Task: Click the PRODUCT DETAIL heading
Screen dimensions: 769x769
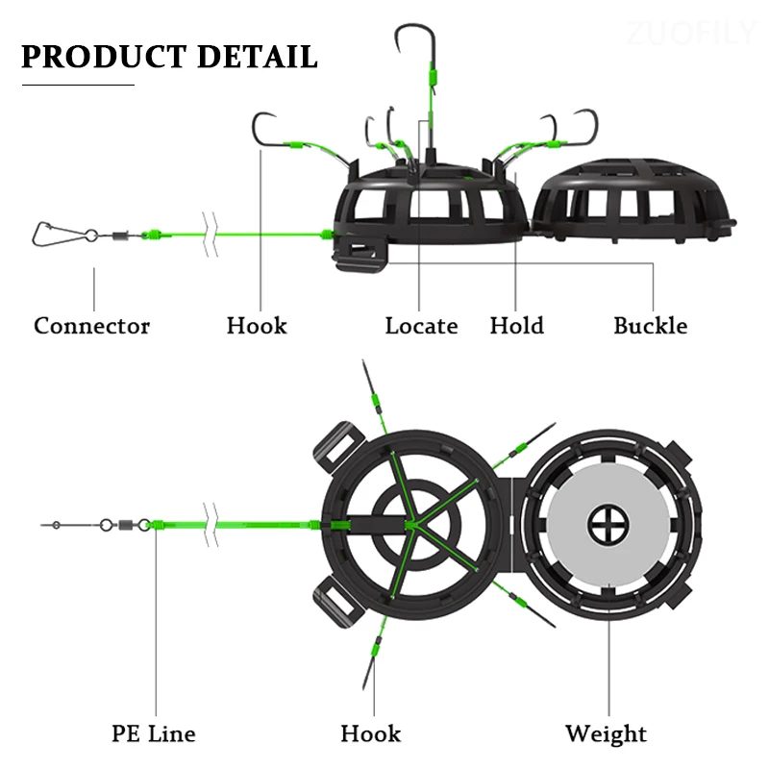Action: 169,56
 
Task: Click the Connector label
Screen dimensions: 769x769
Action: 92,326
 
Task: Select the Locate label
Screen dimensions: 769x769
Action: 421,326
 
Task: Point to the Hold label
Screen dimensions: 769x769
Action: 516,326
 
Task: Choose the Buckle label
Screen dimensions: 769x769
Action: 651,326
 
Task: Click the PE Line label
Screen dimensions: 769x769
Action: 154,734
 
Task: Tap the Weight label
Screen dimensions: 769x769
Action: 606,734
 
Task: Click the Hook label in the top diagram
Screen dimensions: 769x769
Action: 257,326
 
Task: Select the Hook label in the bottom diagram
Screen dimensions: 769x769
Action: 370,734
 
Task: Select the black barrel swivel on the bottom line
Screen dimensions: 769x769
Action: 123,526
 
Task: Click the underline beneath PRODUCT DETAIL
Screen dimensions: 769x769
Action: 78,86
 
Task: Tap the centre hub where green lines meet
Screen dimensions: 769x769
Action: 410,525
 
